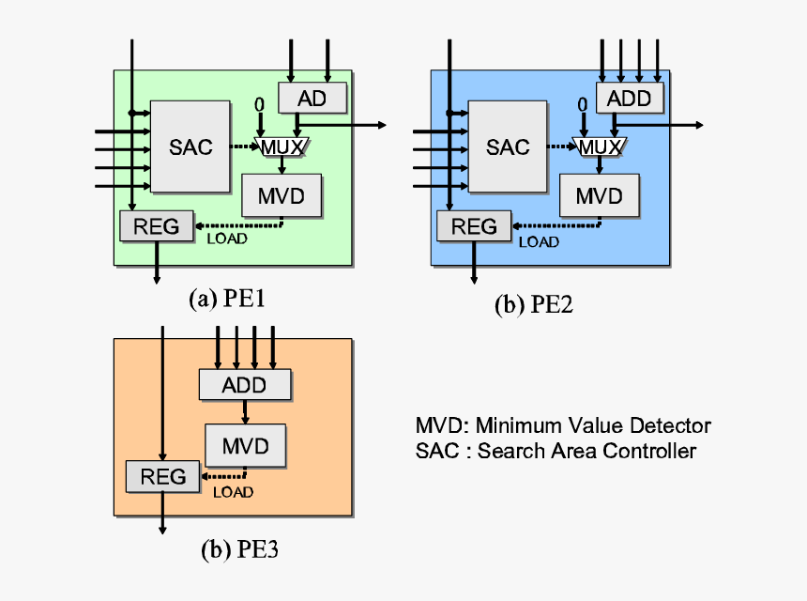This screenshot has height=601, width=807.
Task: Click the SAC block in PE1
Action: click(190, 146)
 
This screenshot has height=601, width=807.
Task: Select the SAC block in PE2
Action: click(508, 146)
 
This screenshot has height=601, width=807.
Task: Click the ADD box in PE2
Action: click(629, 98)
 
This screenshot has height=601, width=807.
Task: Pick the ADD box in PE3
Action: click(244, 385)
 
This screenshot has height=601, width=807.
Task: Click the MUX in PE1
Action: click(282, 146)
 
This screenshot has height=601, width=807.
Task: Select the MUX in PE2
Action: click(600, 146)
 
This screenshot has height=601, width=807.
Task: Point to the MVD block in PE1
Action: click(282, 195)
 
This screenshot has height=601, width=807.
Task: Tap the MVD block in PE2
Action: click(599, 196)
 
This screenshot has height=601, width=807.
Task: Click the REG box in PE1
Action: click(156, 224)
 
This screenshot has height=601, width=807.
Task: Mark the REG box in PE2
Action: click(474, 225)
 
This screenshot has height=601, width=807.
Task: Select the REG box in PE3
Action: click(163, 476)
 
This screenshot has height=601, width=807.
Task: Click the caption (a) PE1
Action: click(228, 299)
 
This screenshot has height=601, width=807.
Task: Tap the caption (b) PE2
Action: click(534, 306)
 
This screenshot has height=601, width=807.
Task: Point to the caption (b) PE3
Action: click(240, 550)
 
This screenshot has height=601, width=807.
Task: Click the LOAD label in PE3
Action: click(233, 491)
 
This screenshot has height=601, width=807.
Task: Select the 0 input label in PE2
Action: click(582, 104)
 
